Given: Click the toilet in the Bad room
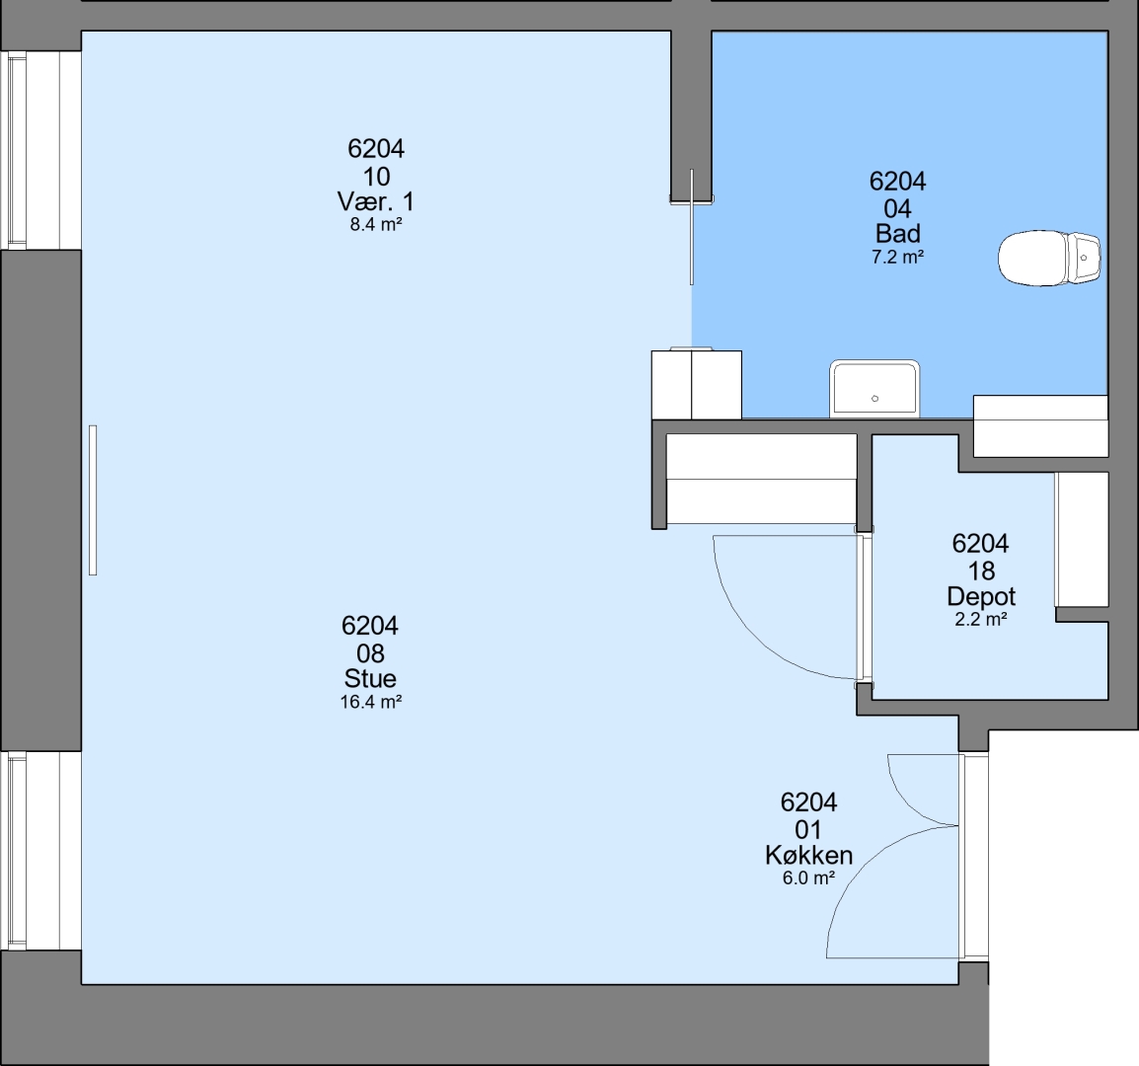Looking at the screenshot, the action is (x=1049, y=258).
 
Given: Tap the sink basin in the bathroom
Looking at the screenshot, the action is (x=874, y=390).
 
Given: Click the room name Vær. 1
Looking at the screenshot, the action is (x=375, y=201).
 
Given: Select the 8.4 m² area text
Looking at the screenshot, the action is (x=375, y=224).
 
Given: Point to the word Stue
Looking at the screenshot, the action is (x=370, y=679).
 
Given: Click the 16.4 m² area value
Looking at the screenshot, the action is (x=371, y=702).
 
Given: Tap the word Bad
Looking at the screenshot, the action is (x=898, y=234).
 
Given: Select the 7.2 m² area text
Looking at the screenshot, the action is (x=898, y=258).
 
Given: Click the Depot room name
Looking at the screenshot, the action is (x=981, y=596).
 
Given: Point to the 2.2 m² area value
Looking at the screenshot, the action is (x=981, y=620).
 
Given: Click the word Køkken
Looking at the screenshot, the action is (x=808, y=856).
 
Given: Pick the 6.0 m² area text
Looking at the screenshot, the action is (x=808, y=878).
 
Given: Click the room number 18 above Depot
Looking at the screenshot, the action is (x=981, y=571).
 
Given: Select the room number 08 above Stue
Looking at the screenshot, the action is (x=370, y=654).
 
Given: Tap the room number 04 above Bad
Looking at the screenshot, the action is (x=898, y=209).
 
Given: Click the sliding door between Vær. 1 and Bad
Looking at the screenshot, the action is (x=692, y=227).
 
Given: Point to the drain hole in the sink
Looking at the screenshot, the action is (x=874, y=398).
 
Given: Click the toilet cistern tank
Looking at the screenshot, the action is (x=1084, y=258).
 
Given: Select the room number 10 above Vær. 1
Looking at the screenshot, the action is (x=376, y=177).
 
